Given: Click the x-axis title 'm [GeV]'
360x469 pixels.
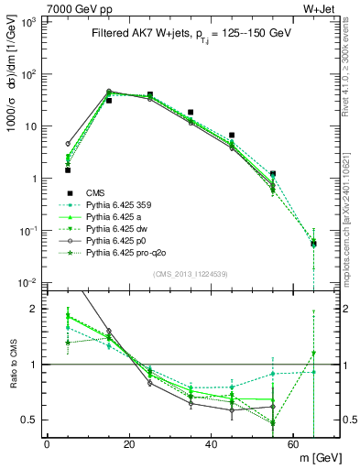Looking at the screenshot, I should tap(312, 457).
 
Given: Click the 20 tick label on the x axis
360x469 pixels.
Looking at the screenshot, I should tap(128, 444).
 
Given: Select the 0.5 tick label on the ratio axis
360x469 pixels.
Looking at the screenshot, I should tap(29, 420).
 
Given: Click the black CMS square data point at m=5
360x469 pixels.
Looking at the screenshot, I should tap(68, 169).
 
